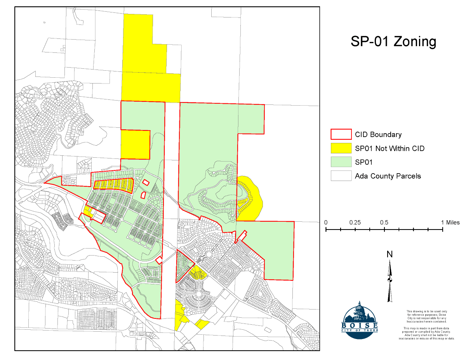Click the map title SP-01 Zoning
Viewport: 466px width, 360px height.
pos(393,41)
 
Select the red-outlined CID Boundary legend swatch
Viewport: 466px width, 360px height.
pos(341,134)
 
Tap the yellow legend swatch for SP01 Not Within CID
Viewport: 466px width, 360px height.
pos(341,148)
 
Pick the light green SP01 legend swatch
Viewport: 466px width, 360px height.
pos(341,162)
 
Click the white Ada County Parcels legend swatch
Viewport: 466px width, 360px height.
pos(341,176)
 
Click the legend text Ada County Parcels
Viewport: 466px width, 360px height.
pos(388,176)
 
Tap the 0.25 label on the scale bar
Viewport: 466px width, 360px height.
pos(355,223)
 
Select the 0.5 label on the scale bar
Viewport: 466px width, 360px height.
pos(384,223)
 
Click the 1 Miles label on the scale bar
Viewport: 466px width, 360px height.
pos(450,223)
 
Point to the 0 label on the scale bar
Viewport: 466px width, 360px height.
pos(326,223)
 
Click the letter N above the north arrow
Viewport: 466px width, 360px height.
pos(389,254)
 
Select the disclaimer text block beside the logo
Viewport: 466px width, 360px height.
pos(426,325)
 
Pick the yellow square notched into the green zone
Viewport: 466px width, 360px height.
pos(135,144)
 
